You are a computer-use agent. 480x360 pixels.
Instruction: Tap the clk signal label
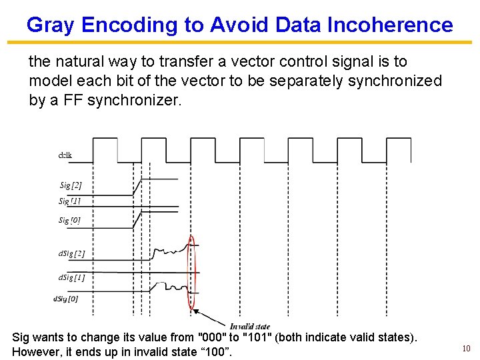[x=65, y=155]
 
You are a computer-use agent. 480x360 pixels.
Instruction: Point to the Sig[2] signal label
[x=71, y=185]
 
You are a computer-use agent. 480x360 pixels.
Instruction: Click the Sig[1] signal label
[x=69, y=201]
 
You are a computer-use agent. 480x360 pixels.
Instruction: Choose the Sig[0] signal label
[x=69, y=220]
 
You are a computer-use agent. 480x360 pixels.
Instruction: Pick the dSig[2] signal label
[x=71, y=253]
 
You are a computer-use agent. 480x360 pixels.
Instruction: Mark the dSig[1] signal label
[x=71, y=277]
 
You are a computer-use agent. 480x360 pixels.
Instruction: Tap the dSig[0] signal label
[x=65, y=299]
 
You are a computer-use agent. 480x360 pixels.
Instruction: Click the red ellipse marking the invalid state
[x=193, y=273]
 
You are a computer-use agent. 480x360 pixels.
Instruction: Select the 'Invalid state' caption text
[x=250, y=326]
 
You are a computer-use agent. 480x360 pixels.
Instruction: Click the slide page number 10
[x=466, y=349]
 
